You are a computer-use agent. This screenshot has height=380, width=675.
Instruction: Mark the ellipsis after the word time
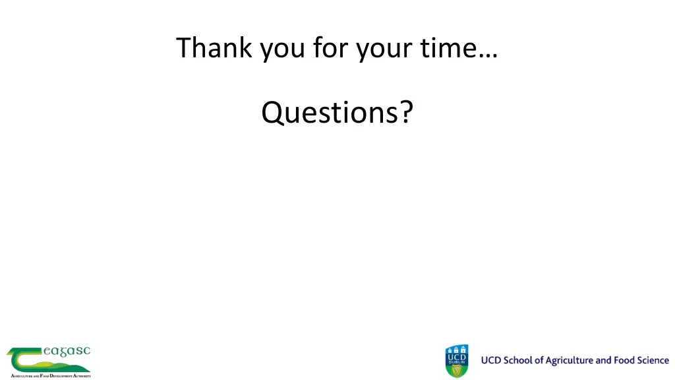click(488, 56)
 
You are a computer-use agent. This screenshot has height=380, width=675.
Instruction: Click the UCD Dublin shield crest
click(456, 361)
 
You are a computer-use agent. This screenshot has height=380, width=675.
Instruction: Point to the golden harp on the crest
click(456, 369)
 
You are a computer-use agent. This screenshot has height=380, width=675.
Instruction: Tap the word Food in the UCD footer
click(624, 360)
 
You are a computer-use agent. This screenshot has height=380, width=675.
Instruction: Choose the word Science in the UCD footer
click(653, 360)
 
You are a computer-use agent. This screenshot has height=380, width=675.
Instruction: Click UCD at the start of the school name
click(491, 360)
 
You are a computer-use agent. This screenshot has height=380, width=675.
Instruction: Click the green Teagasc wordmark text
click(66, 352)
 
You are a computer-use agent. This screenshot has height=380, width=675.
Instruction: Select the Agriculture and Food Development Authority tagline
click(50, 375)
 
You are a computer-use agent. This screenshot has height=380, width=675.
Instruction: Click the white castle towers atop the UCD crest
click(456, 348)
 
